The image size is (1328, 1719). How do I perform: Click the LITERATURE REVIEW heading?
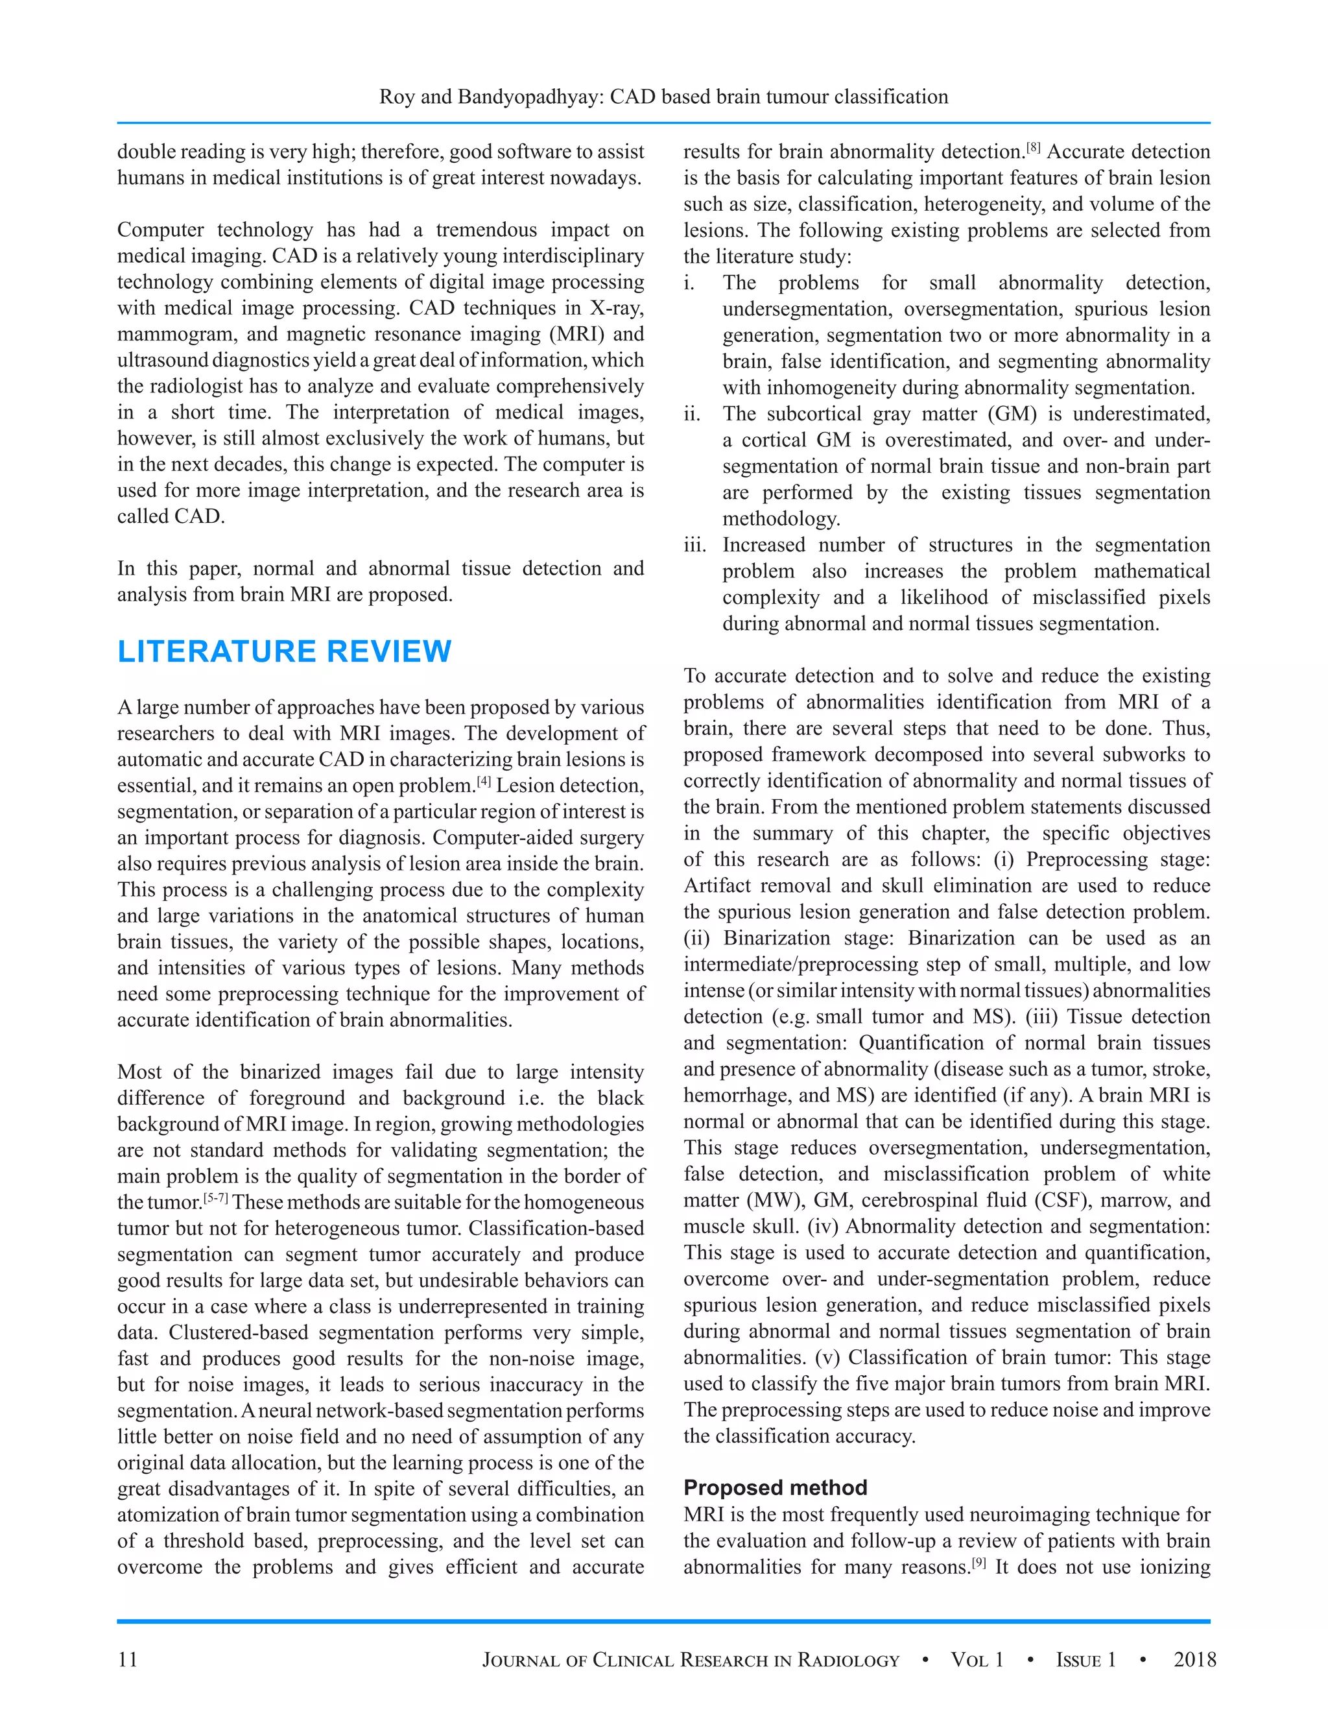[x=284, y=652]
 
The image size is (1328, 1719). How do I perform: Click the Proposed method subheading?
[x=775, y=1487]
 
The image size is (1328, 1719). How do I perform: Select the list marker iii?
[x=694, y=545]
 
